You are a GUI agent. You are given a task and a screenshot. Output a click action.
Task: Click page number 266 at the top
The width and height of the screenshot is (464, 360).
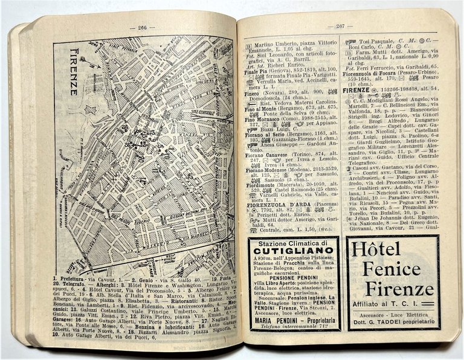click(142, 27)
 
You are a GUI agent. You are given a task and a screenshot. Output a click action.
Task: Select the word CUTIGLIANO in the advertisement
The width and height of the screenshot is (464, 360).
click(287, 251)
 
